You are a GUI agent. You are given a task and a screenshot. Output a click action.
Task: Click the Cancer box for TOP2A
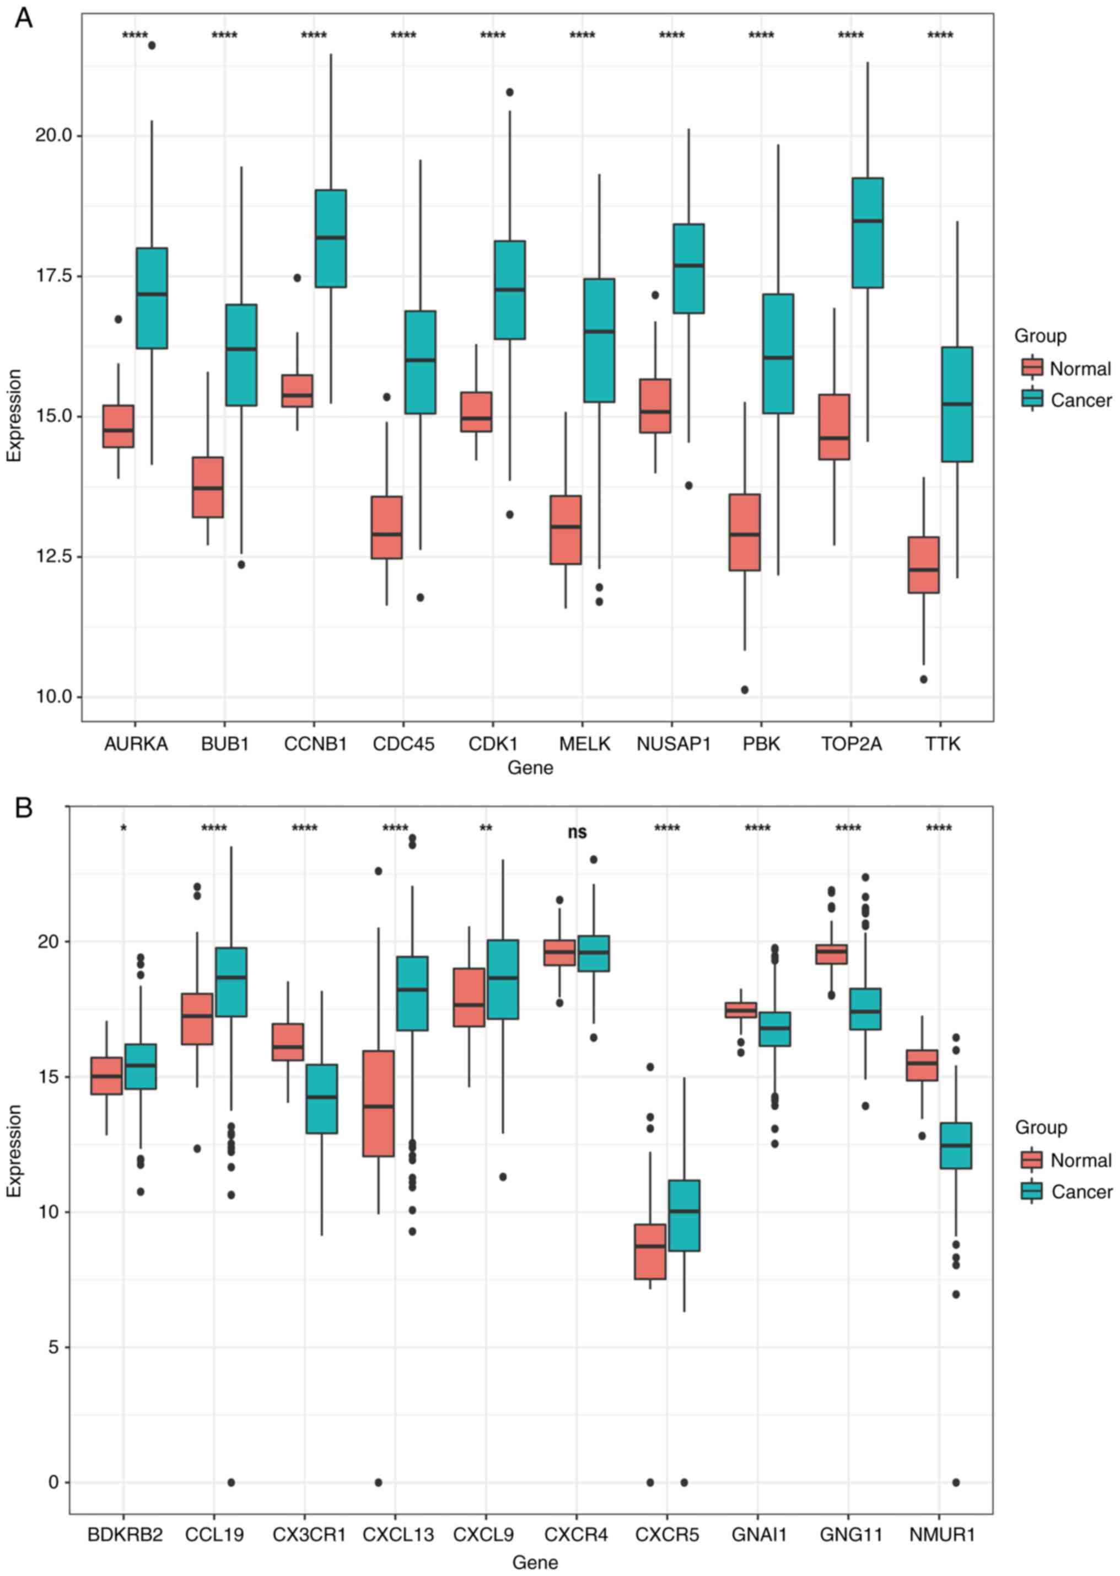[x=868, y=233]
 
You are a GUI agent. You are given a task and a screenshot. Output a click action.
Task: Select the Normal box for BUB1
[x=208, y=487]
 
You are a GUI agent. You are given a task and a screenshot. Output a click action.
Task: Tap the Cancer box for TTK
[x=957, y=404]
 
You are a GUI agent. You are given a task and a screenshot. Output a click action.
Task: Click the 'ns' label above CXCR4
[x=577, y=832]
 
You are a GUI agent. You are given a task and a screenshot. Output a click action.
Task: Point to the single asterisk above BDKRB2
[x=123, y=829]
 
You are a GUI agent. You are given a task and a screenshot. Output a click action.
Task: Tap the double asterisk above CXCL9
[x=486, y=829]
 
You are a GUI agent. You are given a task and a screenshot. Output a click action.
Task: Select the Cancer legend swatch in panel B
[x=1032, y=1192]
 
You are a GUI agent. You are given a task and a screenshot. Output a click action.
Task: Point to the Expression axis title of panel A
[x=14, y=415]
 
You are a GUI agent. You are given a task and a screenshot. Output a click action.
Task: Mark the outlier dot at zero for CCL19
[x=231, y=1482]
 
